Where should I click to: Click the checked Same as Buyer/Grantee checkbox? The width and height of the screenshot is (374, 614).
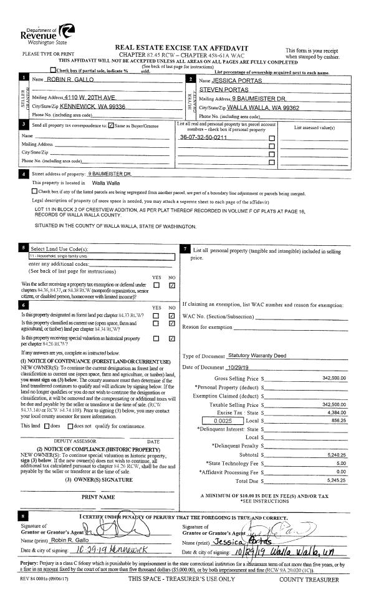pos(111,127)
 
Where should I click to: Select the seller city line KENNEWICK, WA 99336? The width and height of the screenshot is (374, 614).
pos(87,107)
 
